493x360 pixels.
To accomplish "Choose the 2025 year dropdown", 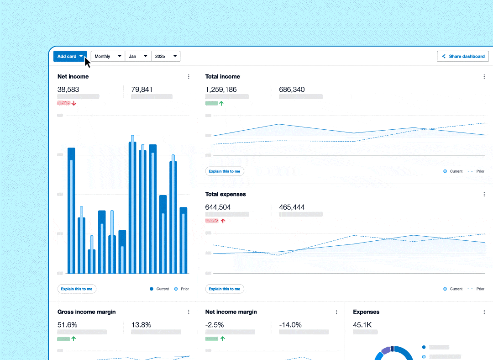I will click(166, 56).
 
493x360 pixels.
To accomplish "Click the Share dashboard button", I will click(463, 56).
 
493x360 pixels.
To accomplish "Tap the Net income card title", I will click(73, 76).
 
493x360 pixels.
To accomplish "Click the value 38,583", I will click(68, 90).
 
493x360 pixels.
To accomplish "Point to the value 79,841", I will click(142, 90).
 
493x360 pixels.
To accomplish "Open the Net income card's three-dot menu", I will click(189, 77).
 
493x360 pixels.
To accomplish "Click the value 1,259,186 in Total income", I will click(221, 90).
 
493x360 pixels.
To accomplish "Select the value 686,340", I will click(292, 90).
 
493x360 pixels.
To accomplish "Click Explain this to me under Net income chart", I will click(77, 289).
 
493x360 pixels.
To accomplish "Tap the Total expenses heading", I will click(226, 194).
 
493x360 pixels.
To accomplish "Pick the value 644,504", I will click(218, 207).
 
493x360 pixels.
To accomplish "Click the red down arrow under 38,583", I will click(74, 103).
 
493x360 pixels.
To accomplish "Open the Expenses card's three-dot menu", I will click(484, 312).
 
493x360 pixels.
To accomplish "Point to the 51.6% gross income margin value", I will click(68, 325).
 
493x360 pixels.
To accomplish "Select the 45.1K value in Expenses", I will click(362, 325).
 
